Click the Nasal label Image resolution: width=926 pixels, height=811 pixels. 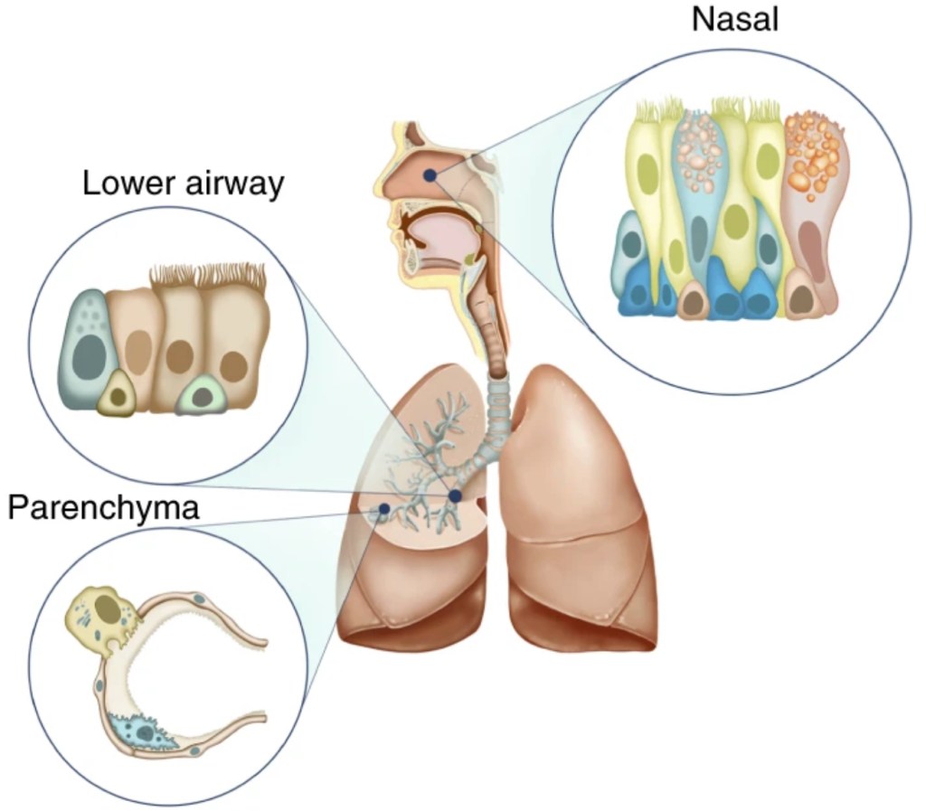point(734,19)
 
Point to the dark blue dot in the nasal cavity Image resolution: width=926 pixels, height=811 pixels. point(431,174)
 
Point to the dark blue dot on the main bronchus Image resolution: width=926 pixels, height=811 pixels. point(454,496)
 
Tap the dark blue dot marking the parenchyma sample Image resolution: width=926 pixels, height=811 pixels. point(383,510)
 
